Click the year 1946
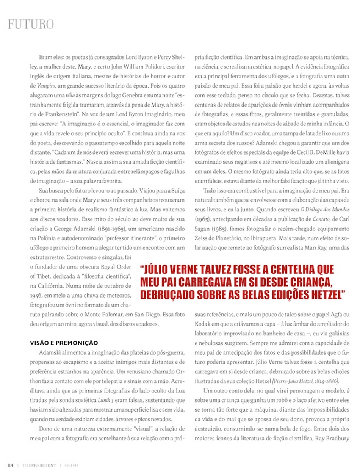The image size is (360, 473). (37, 295)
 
